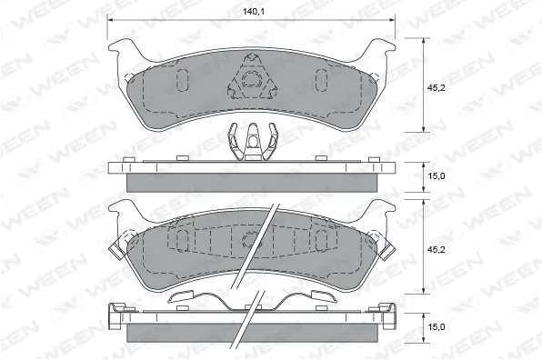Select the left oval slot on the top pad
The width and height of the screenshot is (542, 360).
[182, 79]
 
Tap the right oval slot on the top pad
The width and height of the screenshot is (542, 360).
[322, 80]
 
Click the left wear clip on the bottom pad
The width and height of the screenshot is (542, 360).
[117, 246]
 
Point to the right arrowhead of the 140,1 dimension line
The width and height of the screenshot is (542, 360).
[394, 21]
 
